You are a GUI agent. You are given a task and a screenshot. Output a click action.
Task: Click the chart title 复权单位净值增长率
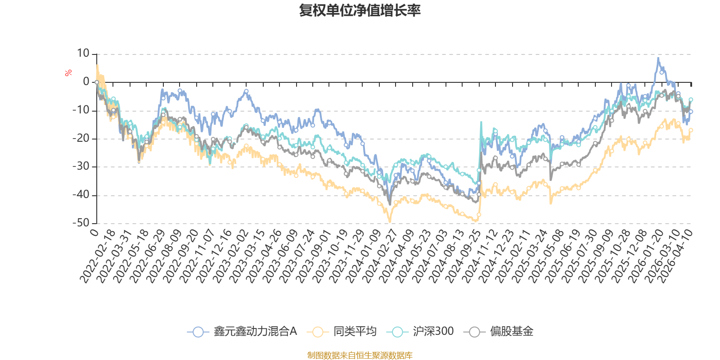(x=360, y=10)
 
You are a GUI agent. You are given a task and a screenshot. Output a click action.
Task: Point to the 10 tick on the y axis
(x=83, y=54)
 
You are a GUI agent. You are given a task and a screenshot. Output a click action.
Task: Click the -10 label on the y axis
(x=81, y=110)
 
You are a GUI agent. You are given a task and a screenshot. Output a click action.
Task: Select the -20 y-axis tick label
(x=81, y=138)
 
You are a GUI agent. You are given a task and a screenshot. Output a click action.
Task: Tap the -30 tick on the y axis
(x=81, y=166)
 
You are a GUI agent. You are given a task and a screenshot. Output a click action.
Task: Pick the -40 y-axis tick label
(x=81, y=195)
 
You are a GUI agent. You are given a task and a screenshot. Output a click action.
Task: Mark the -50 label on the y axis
(x=81, y=223)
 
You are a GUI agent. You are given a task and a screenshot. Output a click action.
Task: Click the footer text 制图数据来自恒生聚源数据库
(x=360, y=355)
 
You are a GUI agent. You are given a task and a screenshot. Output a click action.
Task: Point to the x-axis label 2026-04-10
(x=675, y=256)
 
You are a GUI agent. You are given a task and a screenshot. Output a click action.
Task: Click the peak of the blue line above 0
(x=658, y=58)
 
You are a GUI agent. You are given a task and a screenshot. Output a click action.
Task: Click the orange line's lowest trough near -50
(x=390, y=221)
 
